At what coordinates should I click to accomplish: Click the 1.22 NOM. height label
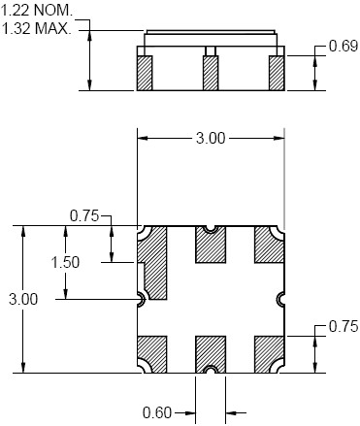tap(37, 11)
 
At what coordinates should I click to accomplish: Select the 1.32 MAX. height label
tap(36, 28)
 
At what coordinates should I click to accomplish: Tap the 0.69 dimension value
tap(344, 46)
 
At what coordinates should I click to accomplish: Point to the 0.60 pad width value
tap(157, 412)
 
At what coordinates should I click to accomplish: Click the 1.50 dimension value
tap(66, 262)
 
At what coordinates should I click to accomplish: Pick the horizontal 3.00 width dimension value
tap(211, 139)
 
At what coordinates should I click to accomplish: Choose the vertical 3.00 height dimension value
tap(23, 299)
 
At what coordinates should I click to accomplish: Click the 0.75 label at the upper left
tap(84, 216)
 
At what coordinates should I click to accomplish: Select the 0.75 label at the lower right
tap(344, 326)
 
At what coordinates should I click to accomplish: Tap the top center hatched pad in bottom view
tap(211, 246)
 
